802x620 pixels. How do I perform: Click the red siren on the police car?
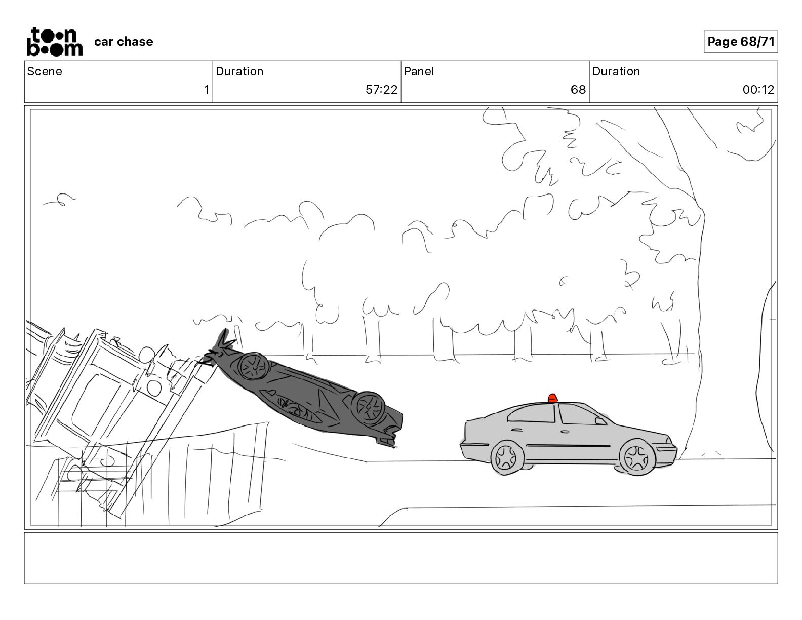(552, 398)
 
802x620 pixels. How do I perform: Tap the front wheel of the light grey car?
(636, 458)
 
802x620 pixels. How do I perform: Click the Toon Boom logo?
(55, 42)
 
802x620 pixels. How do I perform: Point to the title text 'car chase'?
(123, 42)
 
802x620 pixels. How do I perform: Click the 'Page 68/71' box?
(740, 42)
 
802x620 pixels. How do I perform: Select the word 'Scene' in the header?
(45, 71)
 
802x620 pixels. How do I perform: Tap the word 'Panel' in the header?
(419, 71)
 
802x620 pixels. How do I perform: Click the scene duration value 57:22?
(381, 89)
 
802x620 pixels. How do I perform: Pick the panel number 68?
(578, 89)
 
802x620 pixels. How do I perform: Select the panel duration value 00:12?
(758, 89)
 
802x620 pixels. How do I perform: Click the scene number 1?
(207, 89)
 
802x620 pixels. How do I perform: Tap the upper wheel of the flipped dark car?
(253, 366)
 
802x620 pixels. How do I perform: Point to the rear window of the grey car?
(532, 413)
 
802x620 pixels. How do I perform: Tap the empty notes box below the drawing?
(401, 558)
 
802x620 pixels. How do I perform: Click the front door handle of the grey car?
(565, 431)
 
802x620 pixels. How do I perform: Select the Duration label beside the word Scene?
(239, 71)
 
